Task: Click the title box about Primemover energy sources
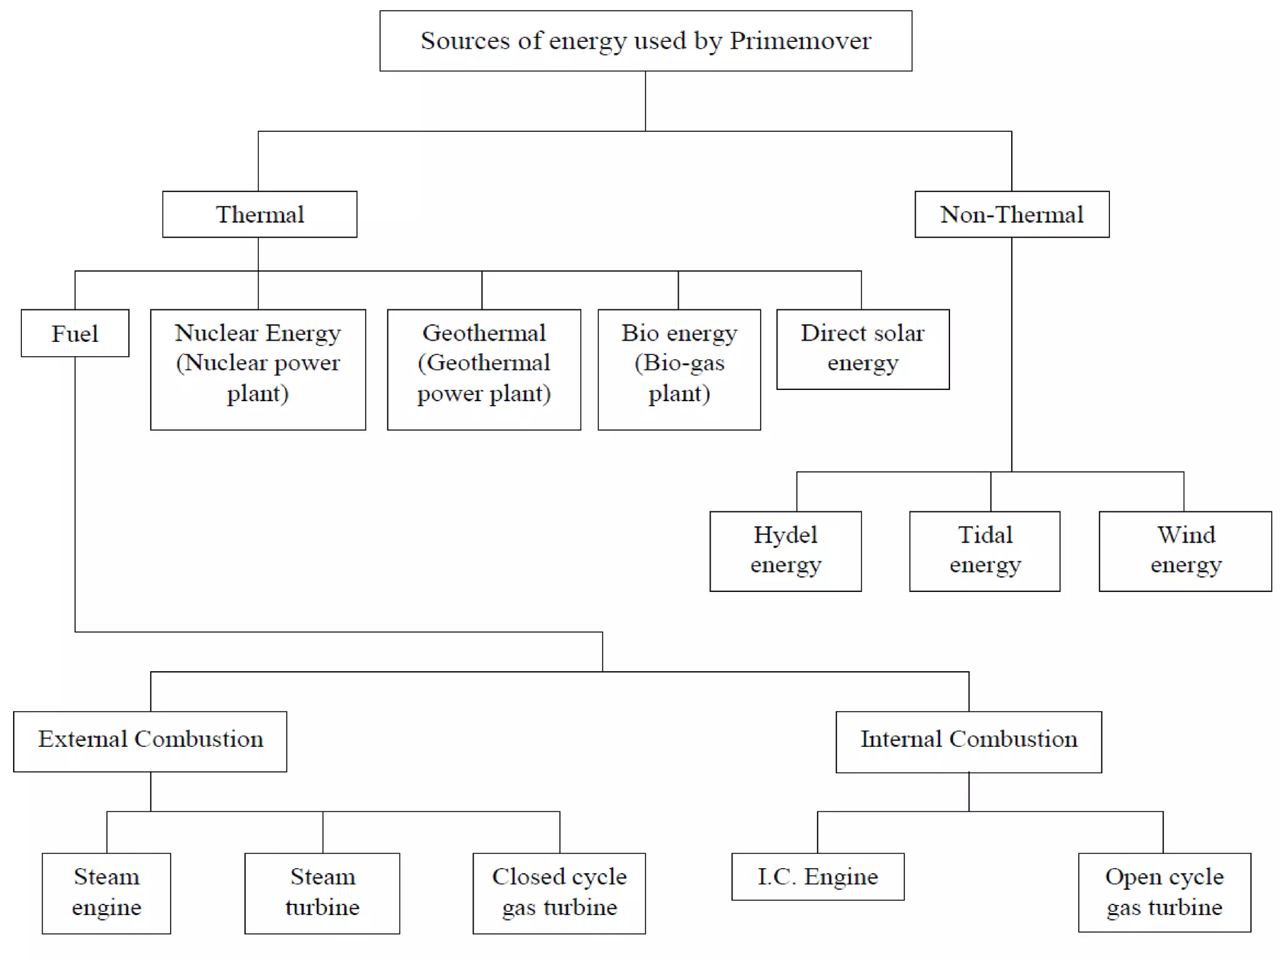[x=646, y=41]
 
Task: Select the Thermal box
[x=259, y=214]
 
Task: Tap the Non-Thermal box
[x=1011, y=214]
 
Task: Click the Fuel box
[x=75, y=333]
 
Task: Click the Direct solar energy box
[x=862, y=349]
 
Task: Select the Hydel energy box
[x=785, y=551]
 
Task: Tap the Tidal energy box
[x=984, y=551]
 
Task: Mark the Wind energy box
[x=1185, y=551]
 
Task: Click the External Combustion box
[x=150, y=741]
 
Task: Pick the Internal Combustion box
[x=968, y=741]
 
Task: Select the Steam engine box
[x=106, y=892]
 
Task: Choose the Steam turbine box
[x=322, y=892]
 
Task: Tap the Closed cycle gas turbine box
[x=559, y=892]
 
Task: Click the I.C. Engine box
[x=817, y=876]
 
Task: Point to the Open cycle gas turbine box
[x=1164, y=892]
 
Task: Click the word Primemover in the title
[x=800, y=41]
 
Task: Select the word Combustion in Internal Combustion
[x=1013, y=739]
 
